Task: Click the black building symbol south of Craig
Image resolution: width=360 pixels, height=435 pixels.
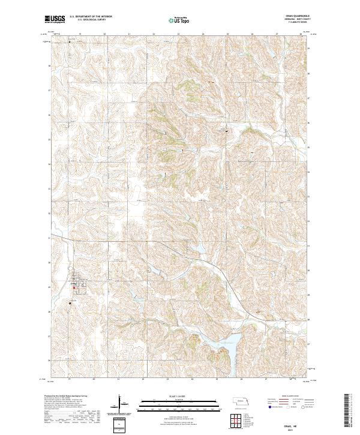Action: coord(70,303)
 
